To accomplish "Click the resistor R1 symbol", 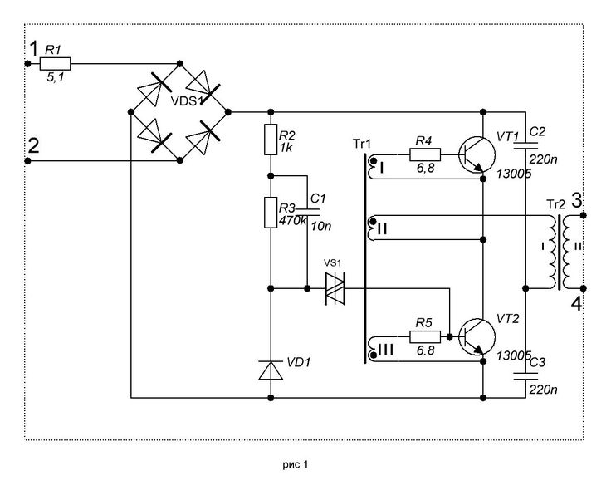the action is point(55,63).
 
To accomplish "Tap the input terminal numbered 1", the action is point(27,63).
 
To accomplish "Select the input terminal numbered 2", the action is point(27,160).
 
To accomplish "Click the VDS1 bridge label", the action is point(187,101).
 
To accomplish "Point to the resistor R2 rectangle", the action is point(271,140).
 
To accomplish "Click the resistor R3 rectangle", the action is point(271,213).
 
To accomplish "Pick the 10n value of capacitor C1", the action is point(321,226).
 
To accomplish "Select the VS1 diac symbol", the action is point(335,288).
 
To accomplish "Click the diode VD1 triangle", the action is point(271,370).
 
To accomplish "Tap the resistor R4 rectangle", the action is point(425,154).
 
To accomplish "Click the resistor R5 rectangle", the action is point(425,336).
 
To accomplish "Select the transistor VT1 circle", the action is point(477,154).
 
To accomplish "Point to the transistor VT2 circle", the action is point(477,336).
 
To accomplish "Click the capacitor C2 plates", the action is point(525,146).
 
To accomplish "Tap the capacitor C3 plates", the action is point(525,376).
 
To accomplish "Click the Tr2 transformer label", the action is point(555,204).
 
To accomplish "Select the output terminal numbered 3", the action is point(584,215).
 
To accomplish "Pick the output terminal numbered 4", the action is point(584,288).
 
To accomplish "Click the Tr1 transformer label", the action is point(362,145).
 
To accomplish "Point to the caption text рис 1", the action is point(296,464).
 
